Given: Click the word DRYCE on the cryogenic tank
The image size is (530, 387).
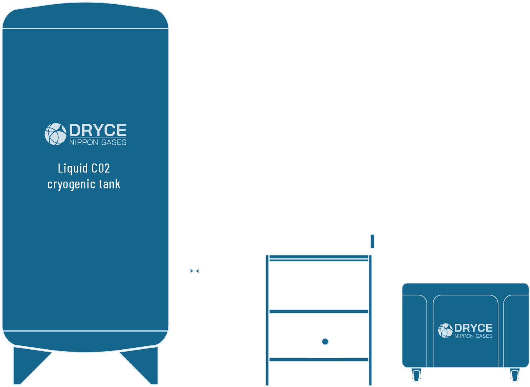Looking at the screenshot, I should pyautogui.click(x=98, y=130).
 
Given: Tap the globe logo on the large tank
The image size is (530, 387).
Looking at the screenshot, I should pyautogui.click(x=55, y=134).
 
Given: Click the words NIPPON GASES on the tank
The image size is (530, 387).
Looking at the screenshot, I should pyautogui.click(x=98, y=142).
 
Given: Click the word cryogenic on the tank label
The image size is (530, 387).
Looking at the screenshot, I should pyautogui.click(x=71, y=184).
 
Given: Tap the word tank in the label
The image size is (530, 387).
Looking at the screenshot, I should pyautogui.click(x=109, y=184).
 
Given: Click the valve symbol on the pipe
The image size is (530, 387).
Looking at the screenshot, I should pyautogui.click(x=195, y=270).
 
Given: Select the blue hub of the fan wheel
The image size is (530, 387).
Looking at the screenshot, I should pyautogui.click(x=325, y=341).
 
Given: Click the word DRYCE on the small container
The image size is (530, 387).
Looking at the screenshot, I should pyautogui.click(x=473, y=328).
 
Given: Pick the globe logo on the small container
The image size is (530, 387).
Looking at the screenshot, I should pyautogui.click(x=445, y=330).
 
